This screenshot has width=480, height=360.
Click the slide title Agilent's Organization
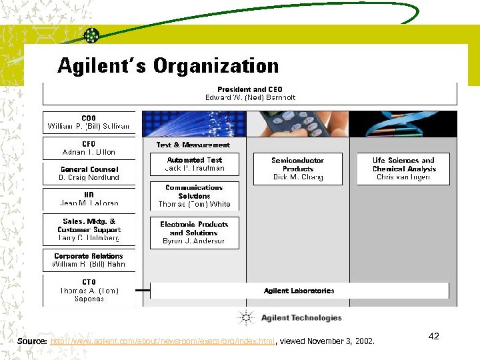coord(168,66)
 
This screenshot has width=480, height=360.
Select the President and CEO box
coord(250,93)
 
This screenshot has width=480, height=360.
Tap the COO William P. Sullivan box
coord(89,122)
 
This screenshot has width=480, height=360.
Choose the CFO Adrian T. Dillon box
coord(89,148)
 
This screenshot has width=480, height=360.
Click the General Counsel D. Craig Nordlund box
coord(89,174)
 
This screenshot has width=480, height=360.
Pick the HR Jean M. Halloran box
coord(89,199)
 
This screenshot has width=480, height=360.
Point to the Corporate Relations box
coord(89,261)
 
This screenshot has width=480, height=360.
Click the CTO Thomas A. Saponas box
coord(89,291)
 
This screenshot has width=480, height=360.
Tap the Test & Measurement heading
coord(193,145)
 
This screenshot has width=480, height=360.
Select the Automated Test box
coord(195,164)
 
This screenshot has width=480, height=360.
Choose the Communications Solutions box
coord(195,196)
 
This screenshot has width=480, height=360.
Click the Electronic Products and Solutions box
coord(195,233)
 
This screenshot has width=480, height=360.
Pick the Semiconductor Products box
coord(298,169)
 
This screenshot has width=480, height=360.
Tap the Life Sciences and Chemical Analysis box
coord(403,169)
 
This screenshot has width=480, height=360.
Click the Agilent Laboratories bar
coord(299,291)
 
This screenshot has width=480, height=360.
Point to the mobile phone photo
coord(298,124)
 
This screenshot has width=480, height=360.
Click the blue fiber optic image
coord(195,124)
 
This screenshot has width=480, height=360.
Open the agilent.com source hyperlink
coord(163,342)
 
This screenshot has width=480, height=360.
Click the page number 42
coord(433,336)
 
